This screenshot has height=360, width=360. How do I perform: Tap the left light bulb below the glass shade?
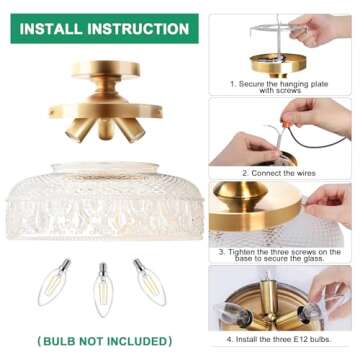[57, 281]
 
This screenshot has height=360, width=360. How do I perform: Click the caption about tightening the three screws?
[283, 254]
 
